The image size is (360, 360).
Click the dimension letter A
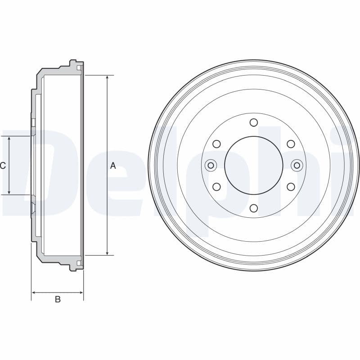pyautogui.click(x=113, y=166)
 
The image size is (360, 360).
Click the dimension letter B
pyautogui.click(x=58, y=299)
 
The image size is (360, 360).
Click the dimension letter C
pyautogui.click(x=3, y=166)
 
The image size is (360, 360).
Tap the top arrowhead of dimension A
pyautogui.click(x=107, y=78)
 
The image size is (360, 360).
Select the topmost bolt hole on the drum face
pyautogui.click(x=253, y=122)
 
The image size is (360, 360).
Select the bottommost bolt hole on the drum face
pyautogui.click(x=253, y=208)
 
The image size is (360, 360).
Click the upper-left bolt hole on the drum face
pyautogui.click(x=216, y=144)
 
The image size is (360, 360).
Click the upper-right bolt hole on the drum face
pyautogui.click(x=291, y=144)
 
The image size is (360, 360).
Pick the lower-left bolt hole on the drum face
pyautogui.click(x=216, y=187)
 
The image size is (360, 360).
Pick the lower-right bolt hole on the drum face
pyautogui.click(x=291, y=187)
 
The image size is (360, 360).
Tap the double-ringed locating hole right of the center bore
pyautogui.click(x=297, y=166)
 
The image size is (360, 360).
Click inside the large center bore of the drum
pyautogui.click(x=253, y=166)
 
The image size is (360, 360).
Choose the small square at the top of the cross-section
pyautogui.click(x=79, y=68)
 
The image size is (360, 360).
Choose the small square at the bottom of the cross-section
pyautogui.click(x=79, y=262)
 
